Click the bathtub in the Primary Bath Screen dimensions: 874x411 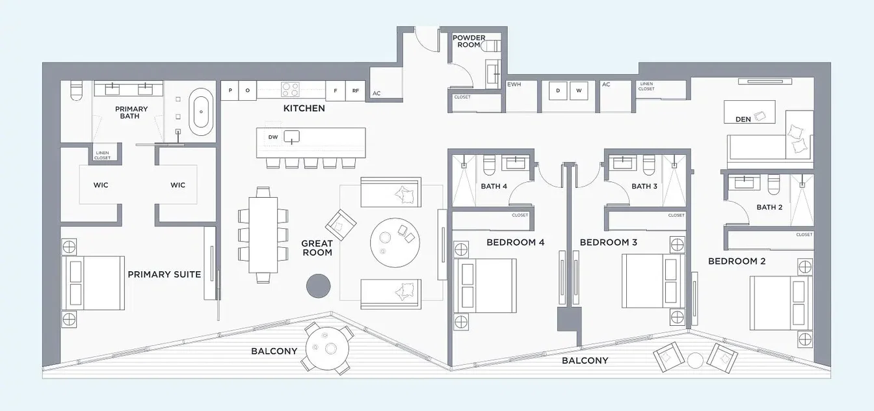point(201,112)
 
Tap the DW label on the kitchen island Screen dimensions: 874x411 point(273,137)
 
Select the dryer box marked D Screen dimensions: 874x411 point(558,90)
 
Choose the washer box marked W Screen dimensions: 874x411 point(579,90)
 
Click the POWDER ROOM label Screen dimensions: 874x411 point(469,41)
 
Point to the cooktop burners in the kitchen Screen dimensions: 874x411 point(290,89)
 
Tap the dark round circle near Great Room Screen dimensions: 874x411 point(319,285)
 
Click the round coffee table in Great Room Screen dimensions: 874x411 point(395,243)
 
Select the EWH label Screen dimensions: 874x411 point(514,85)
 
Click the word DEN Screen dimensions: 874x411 point(743,120)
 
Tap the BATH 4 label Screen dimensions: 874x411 point(494,186)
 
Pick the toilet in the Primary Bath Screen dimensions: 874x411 point(76,90)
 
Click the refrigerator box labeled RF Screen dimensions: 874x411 point(356,90)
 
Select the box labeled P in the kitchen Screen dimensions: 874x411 point(230,90)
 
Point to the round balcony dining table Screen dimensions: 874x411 point(327,348)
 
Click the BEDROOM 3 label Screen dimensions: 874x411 point(608,243)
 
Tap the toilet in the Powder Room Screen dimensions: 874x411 point(491,46)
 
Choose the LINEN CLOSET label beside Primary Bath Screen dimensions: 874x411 point(102,155)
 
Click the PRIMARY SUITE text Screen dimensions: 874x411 point(165,274)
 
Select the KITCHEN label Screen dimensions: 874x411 point(304,108)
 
